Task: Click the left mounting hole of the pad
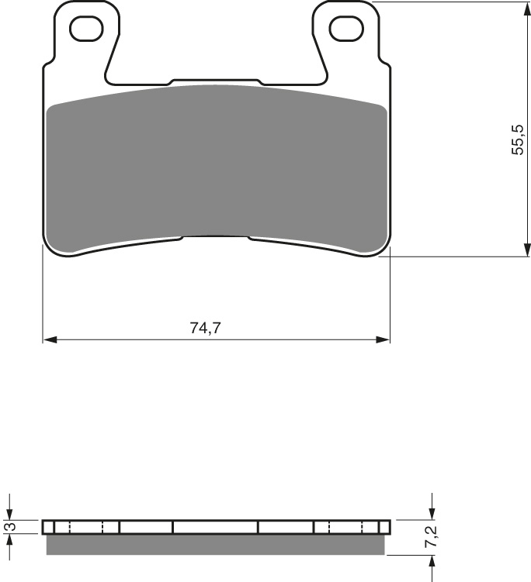[86, 29]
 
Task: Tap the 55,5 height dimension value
[519, 139]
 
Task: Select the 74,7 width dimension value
[206, 328]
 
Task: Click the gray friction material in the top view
[216, 167]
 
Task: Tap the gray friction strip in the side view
[216, 546]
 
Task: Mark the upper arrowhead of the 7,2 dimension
[432, 515]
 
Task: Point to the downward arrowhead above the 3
[9, 515]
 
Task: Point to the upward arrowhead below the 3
[9, 540]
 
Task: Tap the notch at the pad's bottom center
[216, 238]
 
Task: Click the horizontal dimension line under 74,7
[124, 339]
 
